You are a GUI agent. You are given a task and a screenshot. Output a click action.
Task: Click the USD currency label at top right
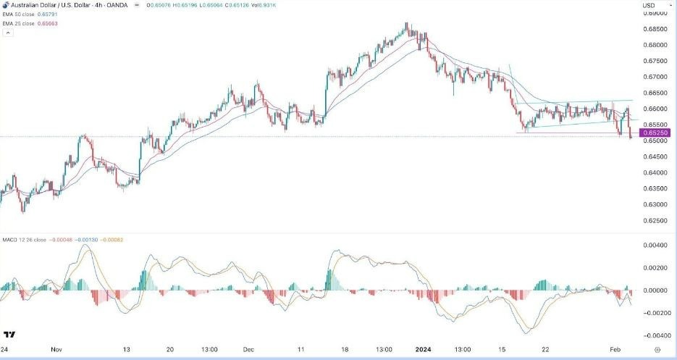649,7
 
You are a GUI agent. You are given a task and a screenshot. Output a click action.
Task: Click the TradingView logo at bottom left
10,335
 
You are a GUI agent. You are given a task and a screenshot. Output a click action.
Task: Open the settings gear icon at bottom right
665,348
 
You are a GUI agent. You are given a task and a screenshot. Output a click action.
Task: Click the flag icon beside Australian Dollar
5,7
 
